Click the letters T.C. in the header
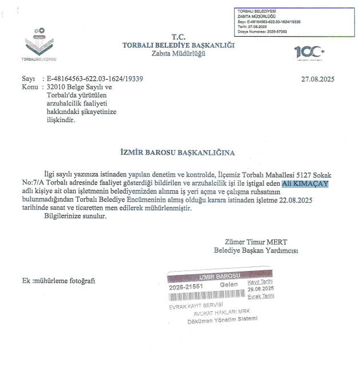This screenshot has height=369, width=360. [x=179, y=37]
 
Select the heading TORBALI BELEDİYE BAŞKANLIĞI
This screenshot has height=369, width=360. [x=179, y=46]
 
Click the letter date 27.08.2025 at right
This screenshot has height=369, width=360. [x=318, y=79]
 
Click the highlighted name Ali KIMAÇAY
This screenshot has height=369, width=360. [x=307, y=183]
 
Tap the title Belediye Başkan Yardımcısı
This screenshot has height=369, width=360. [x=256, y=250]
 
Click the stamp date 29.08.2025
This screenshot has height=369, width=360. [x=261, y=289]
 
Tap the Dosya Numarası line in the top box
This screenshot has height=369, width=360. [x=270, y=32]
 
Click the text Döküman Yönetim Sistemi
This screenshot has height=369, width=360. [x=223, y=320]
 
